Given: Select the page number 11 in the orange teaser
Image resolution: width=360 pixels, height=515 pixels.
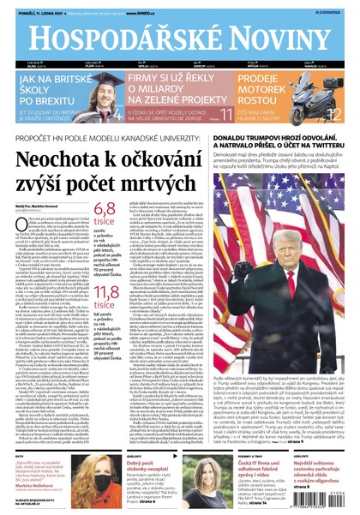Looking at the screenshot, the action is click(226, 113).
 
